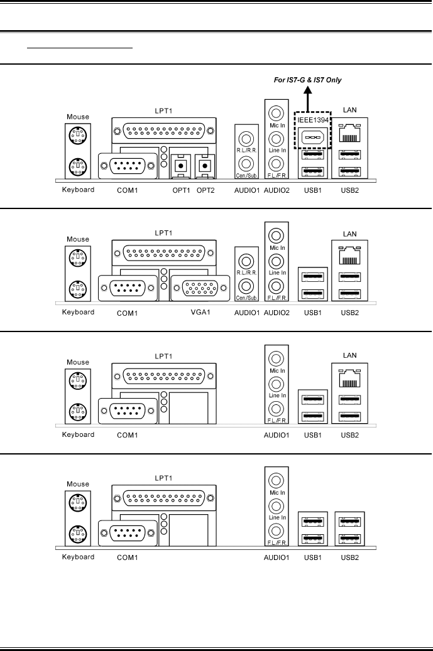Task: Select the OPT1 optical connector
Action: pos(180,166)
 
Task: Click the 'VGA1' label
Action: pos(192,312)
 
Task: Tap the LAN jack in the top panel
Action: pos(349,134)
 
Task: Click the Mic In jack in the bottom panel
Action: pos(275,480)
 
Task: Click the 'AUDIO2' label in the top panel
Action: pos(277,190)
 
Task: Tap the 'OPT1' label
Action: pos(180,190)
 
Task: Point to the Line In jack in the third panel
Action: pos(275,382)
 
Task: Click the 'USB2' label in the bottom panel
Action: pos(349,557)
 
